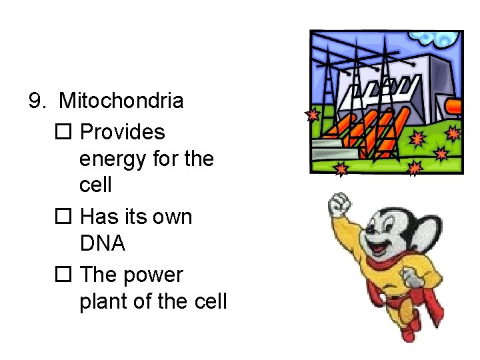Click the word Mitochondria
pyautogui.click(x=121, y=101)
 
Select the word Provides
pyautogui.click(x=122, y=132)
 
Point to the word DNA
pyautogui.click(x=102, y=244)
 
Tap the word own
pyautogui.click(x=172, y=217)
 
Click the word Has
pyautogui.click(x=97, y=217)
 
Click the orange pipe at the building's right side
pyautogui.click(x=453, y=107)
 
